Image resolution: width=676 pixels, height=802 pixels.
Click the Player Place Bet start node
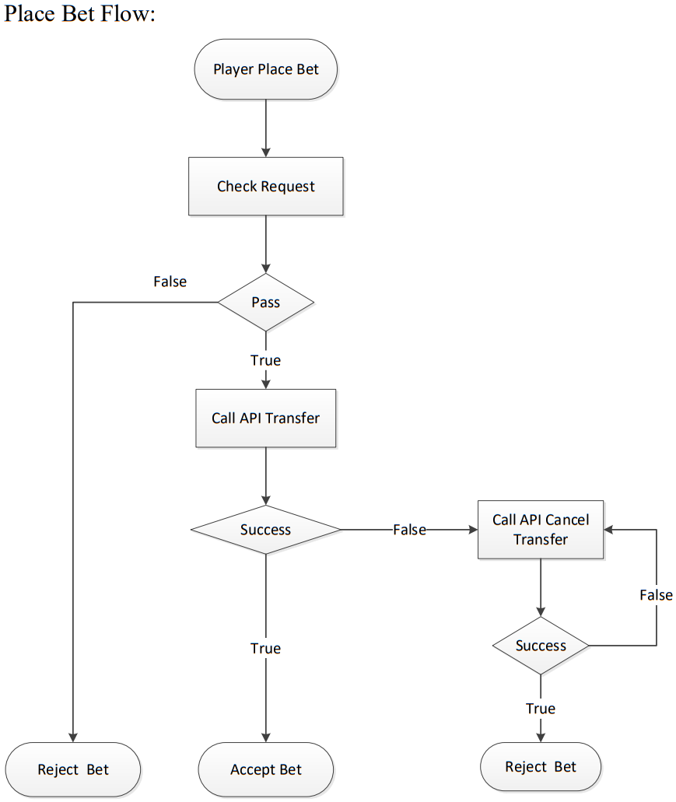265,69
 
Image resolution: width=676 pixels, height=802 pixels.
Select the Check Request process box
265,187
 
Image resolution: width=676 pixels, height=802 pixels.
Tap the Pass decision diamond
265,302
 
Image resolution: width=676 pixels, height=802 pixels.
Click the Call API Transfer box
265,419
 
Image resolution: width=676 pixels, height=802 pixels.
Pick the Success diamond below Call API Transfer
265,530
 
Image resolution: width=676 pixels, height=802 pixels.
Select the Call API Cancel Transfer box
540,530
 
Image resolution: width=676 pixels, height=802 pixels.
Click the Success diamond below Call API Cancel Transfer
540,646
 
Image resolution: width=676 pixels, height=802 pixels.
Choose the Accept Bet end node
265,770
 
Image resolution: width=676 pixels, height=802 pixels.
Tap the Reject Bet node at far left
73,770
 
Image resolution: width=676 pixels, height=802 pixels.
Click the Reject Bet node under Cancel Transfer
540,767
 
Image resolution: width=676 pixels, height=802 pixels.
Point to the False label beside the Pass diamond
170,282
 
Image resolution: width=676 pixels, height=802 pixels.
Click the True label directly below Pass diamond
265,360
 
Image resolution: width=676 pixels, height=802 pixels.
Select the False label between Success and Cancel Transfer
408,530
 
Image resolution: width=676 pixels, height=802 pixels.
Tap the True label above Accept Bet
265,648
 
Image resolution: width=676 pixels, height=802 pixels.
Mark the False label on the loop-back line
655,595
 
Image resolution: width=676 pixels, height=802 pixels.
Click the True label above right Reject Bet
540,709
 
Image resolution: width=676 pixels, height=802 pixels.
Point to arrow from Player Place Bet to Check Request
265,128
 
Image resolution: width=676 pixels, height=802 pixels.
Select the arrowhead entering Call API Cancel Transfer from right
610,530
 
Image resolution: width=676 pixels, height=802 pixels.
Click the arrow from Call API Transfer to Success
265,476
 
